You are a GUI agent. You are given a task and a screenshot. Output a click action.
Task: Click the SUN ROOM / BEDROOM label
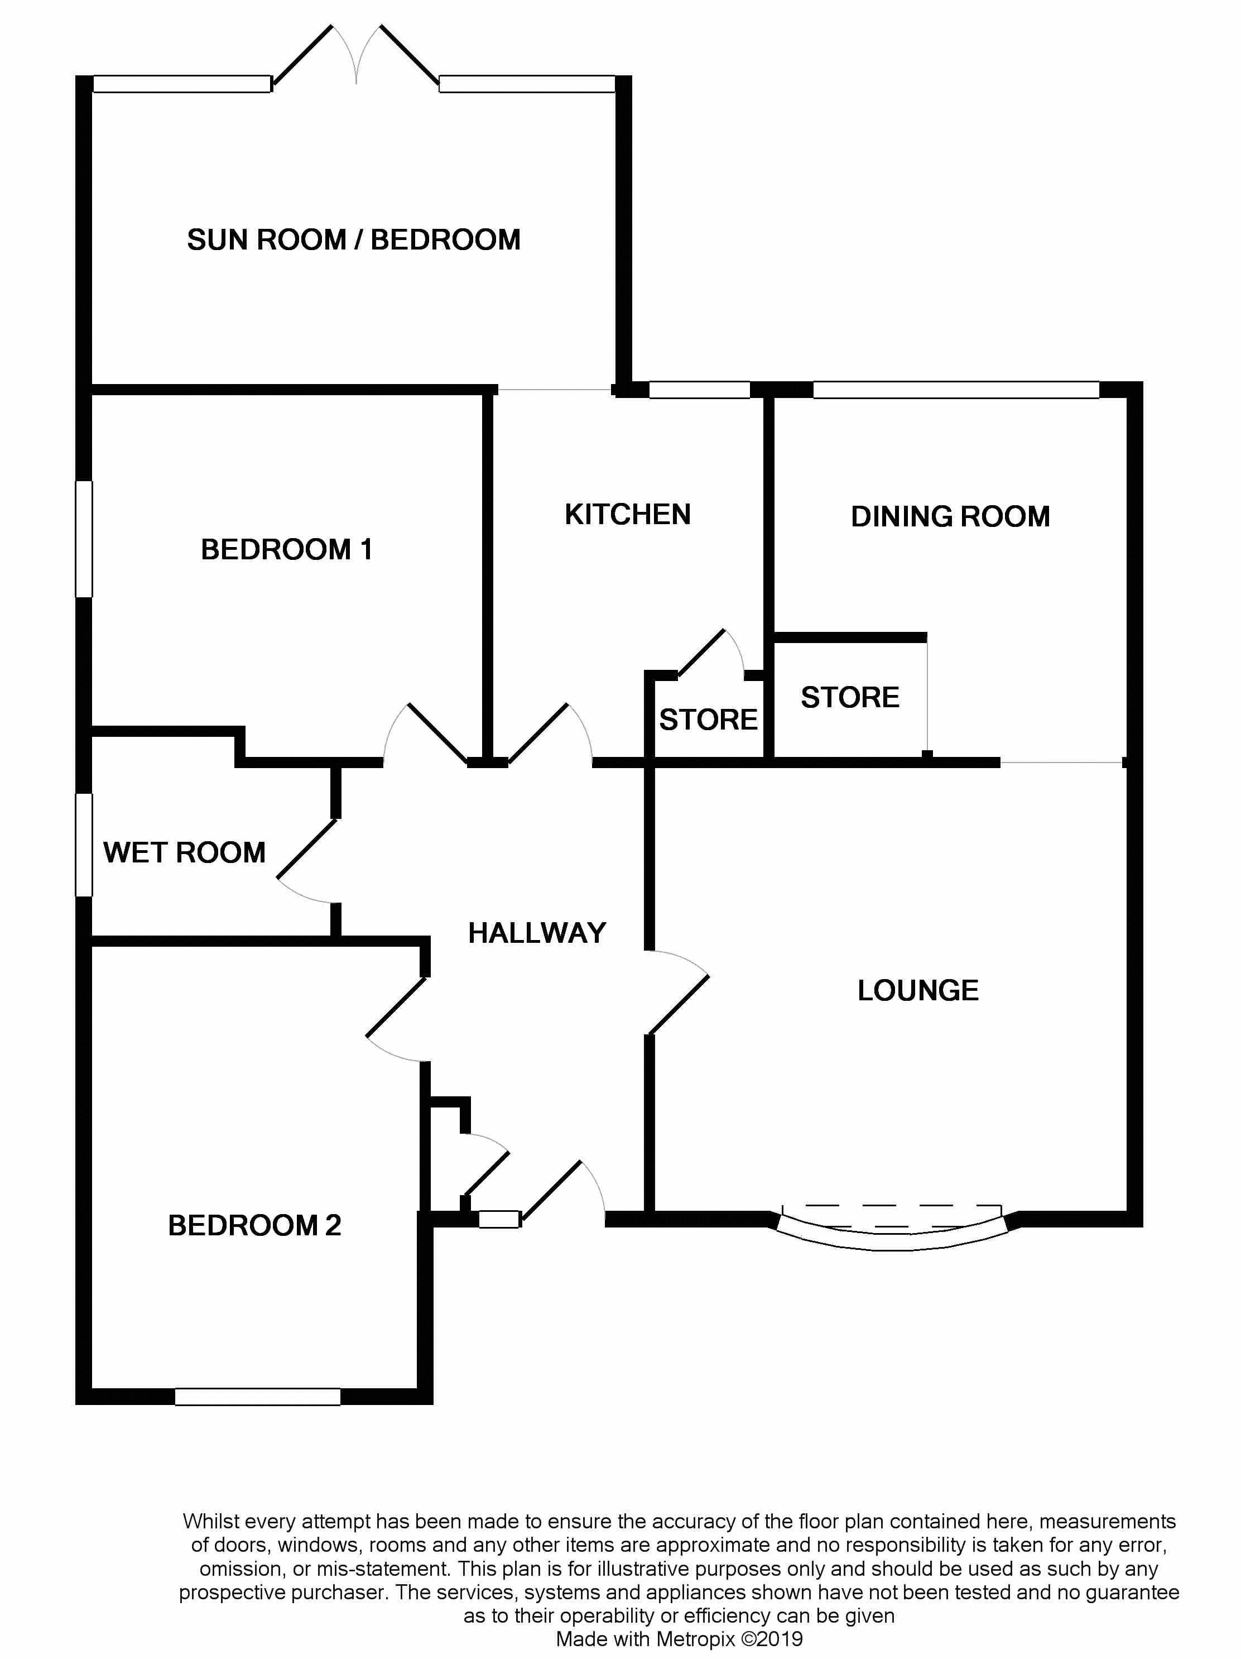[353, 240]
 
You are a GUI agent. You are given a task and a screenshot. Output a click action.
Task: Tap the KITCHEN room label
[628, 515]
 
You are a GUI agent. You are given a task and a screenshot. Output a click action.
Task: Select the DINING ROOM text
[950, 517]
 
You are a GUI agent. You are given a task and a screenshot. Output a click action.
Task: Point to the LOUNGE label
[918, 991]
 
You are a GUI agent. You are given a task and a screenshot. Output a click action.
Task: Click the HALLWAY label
[537, 933]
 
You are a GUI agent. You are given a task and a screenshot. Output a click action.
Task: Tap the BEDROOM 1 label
[286, 550]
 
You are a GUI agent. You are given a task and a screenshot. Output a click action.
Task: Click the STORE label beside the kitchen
[708, 720]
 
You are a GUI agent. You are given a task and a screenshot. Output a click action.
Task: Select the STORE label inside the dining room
[850, 698]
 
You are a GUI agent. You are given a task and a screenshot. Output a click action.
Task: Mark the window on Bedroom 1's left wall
[84, 539]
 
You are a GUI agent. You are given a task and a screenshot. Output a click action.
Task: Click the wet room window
[84, 845]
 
